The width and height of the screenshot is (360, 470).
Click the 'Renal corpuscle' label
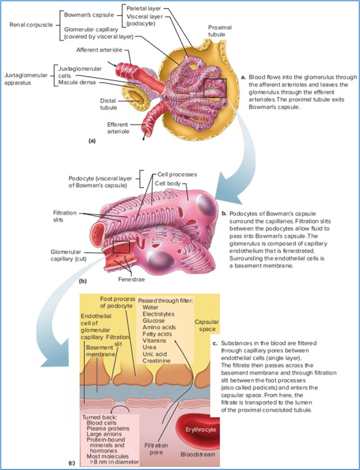[30, 25]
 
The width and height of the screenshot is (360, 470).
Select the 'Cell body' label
[168, 183]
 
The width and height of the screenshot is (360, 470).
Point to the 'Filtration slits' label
[56, 215]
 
